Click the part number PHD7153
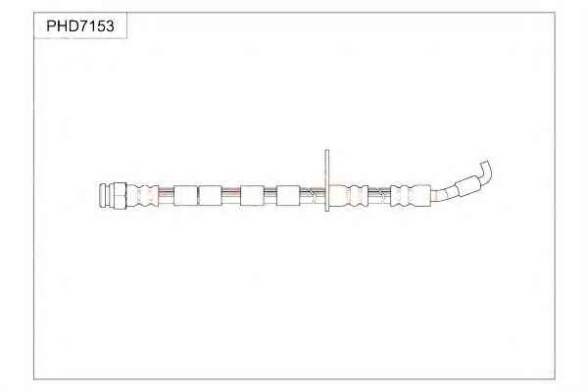click(x=80, y=25)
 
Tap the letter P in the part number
click(x=51, y=25)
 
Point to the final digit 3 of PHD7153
click(x=109, y=25)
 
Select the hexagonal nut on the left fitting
click(x=120, y=195)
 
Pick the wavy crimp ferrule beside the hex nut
click(x=142, y=195)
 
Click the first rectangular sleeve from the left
click(x=185, y=195)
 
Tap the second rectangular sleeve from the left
click(x=210, y=195)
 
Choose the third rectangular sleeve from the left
click(x=252, y=195)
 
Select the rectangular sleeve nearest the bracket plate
click(x=288, y=195)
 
